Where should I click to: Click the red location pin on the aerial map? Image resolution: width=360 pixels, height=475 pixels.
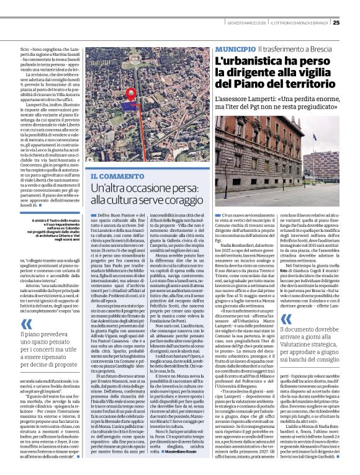point(132,94)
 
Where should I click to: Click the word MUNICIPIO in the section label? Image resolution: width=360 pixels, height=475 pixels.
point(235,48)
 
